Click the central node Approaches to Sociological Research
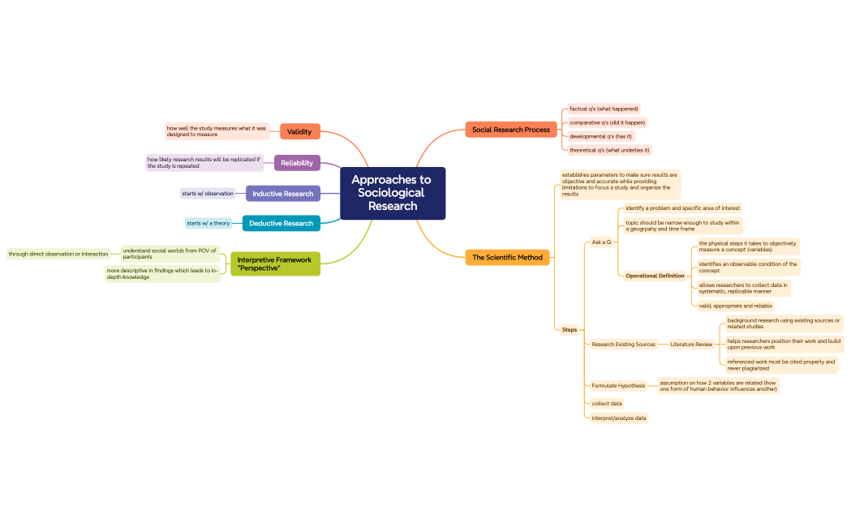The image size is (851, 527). (x=392, y=193)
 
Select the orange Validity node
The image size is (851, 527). (x=299, y=131)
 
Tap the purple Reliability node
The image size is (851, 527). (x=297, y=163)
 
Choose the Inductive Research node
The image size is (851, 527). (x=282, y=194)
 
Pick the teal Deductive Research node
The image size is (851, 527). (x=281, y=223)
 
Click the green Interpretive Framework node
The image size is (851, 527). (x=274, y=263)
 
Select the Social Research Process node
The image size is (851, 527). (x=510, y=130)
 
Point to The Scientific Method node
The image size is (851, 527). (x=507, y=258)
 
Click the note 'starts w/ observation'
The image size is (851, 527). (x=208, y=194)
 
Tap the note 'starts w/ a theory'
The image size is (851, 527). (x=208, y=223)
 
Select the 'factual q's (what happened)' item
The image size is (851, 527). (x=604, y=109)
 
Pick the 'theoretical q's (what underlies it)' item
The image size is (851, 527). (x=609, y=150)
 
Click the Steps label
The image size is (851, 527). (x=569, y=329)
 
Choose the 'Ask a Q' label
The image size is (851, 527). (x=601, y=242)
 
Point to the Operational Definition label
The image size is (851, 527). (x=655, y=276)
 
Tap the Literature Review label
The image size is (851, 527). (x=691, y=345)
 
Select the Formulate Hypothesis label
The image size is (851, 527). (x=618, y=386)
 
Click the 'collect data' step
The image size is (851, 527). (x=607, y=403)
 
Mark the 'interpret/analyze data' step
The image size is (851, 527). (x=619, y=418)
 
